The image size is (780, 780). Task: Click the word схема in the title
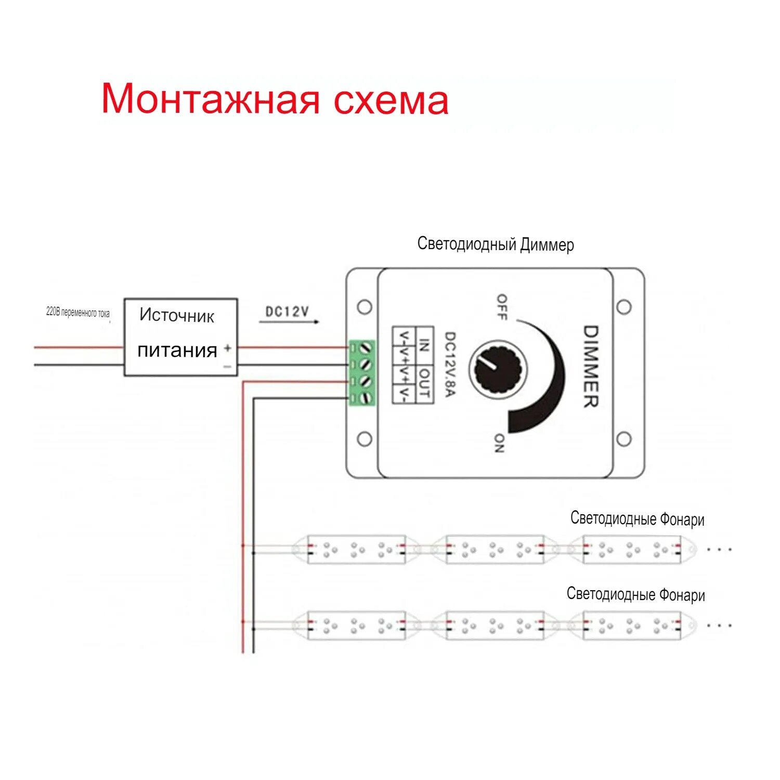click(391, 100)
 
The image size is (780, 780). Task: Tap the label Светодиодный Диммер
click(495, 244)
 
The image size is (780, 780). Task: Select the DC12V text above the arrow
click(287, 311)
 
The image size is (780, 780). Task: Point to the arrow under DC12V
click(289, 322)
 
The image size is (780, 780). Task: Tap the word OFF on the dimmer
click(502, 307)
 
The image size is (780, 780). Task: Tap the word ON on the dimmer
click(499, 443)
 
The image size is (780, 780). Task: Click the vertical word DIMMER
click(590, 366)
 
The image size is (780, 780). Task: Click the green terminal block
click(362, 373)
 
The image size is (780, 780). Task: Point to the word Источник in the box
click(177, 316)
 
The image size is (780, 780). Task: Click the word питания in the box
click(177, 350)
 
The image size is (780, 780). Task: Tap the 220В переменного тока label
click(77, 313)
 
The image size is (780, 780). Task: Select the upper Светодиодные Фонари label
click(637, 518)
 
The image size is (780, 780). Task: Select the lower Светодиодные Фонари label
click(635, 594)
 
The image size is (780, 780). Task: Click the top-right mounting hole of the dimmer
click(624, 307)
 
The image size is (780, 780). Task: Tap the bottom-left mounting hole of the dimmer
click(365, 439)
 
